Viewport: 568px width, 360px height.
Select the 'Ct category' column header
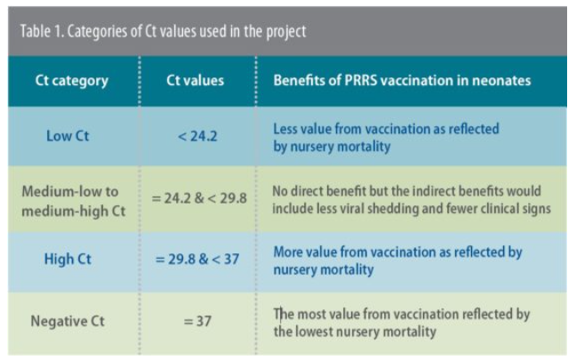(71, 80)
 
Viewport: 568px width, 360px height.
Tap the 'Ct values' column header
(196, 80)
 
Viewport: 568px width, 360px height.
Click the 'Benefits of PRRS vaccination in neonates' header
(402, 80)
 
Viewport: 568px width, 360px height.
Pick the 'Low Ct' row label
(70, 136)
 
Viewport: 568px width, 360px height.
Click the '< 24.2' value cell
(196, 136)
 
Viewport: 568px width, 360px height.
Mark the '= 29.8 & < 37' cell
(196, 260)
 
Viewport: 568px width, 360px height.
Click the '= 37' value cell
(196, 320)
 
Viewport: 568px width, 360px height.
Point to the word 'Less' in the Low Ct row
(285, 129)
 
